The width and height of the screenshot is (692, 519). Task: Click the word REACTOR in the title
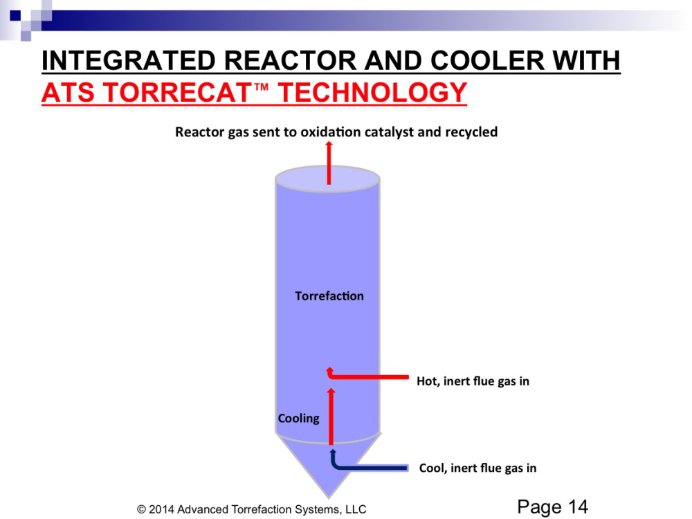point(290,60)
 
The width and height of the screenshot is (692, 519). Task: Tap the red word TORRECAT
point(177,93)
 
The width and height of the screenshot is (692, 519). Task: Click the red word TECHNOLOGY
point(372,93)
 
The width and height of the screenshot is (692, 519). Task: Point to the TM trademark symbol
point(262,86)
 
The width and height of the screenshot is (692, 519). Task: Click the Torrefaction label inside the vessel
point(329,295)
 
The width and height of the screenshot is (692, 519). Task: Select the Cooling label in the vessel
point(299,419)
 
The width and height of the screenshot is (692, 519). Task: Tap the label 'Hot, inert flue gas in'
point(473,381)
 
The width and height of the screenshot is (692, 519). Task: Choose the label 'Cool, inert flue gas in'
point(477,468)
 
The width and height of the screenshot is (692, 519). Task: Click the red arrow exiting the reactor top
point(329,163)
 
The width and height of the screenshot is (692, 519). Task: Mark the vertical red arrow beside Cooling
point(331,416)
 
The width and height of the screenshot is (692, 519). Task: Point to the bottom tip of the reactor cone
point(328,498)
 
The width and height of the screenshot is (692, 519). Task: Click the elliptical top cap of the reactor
point(327,179)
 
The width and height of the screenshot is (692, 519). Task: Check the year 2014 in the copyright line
point(161,509)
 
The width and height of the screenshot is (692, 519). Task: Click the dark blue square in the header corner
point(15,15)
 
